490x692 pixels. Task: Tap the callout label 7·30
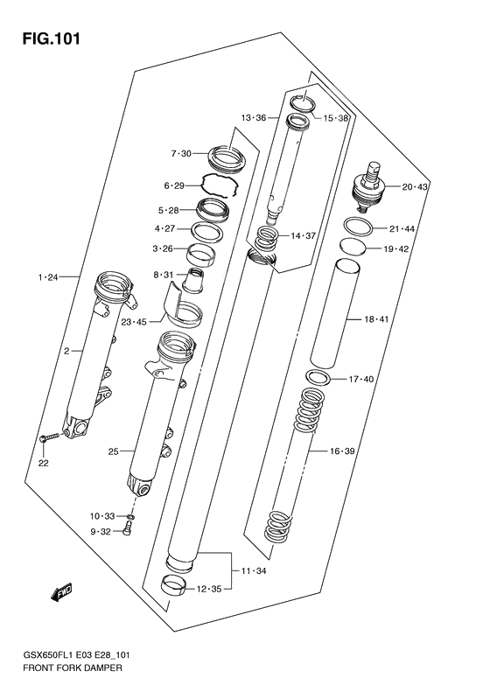(180, 154)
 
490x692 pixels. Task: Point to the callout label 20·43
(415, 187)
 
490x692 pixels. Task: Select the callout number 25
(113, 452)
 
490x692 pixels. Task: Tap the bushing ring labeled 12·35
(177, 586)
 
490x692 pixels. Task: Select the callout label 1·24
(47, 277)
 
